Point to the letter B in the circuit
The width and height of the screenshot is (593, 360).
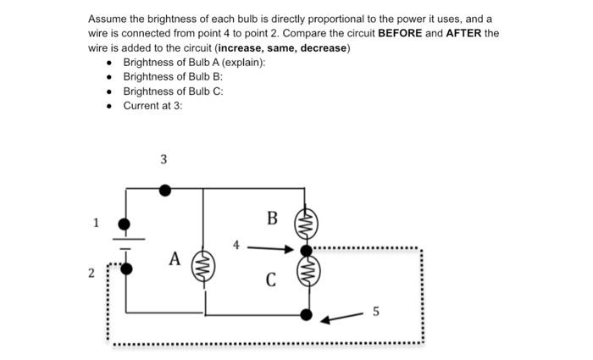pyautogui.click(x=272, y=219)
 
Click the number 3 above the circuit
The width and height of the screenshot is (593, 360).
pyautogui.click(x=163, y=159)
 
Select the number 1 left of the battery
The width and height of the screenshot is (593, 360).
pyautogui.click(x=97, y=224)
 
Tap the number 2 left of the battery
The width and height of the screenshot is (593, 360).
pyautogui.click(x=91, y=273)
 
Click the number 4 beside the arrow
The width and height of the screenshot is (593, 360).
pyautogui.click(x=237, y=246)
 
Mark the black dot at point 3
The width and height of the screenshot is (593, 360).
pyautogui.click(x=165, y=191)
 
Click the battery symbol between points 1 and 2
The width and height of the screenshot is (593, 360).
pyautogui.click(x=125, y=246)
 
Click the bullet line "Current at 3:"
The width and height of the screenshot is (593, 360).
pyautogui.click(x=152, y=105)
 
